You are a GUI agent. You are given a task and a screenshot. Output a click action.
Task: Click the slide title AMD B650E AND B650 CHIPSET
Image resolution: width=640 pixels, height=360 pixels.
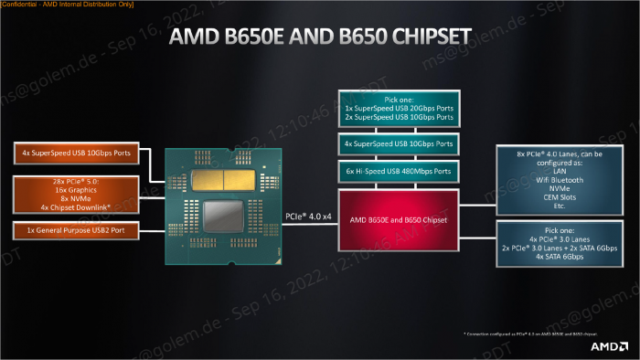320,38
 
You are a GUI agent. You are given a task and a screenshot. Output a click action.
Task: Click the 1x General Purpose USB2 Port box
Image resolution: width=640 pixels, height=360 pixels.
76,230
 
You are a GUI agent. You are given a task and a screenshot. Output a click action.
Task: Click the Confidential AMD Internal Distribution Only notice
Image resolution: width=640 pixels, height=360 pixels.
69,5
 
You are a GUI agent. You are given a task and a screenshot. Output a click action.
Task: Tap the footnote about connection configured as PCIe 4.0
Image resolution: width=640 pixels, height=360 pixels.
529,336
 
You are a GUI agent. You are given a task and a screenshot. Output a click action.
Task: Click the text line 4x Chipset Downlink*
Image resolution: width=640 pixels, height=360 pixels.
76,207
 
